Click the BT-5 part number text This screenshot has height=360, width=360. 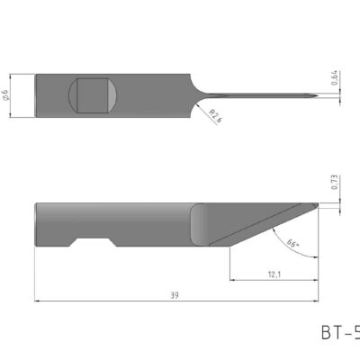click(x=340, y=334)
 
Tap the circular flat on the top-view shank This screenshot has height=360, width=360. click(x=94, y=95)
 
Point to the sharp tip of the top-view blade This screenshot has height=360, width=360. click(x=316, y=95)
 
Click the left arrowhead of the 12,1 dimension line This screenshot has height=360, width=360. click(x=232, y=280)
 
